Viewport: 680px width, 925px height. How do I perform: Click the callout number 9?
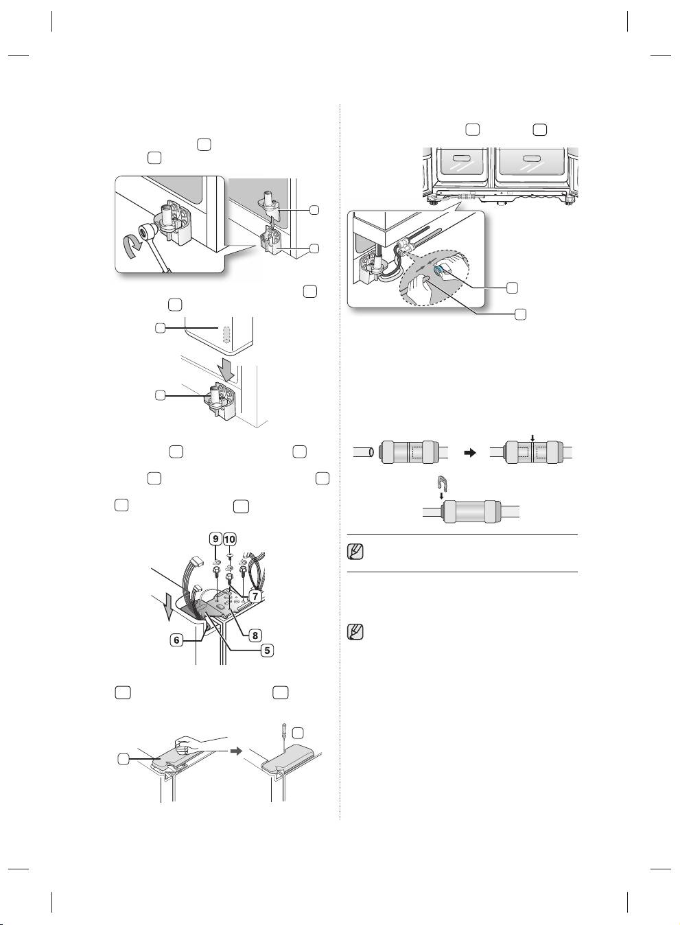pos(215,539)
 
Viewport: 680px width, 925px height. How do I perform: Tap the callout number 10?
pos(230,539)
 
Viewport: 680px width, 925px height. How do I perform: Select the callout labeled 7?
pos(255,596)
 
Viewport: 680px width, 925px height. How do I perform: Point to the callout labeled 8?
pos(255,635)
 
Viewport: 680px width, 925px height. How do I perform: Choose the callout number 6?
pos(177,640)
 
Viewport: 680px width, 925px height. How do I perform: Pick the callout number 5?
pos(267,651)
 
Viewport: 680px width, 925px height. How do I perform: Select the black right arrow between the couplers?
pos(470,453)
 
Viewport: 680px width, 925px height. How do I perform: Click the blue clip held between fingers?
pos(439,270)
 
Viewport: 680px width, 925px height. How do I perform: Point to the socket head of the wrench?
pos(145,233)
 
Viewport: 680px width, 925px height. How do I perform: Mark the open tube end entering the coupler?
pos(371,453)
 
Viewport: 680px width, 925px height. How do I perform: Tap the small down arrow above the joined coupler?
pos(533,438)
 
